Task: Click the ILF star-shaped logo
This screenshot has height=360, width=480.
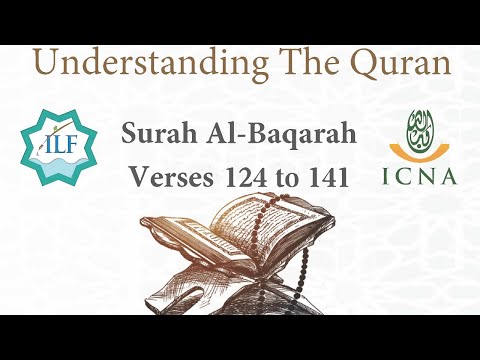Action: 53,148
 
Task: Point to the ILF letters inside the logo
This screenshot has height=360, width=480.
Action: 53,153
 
